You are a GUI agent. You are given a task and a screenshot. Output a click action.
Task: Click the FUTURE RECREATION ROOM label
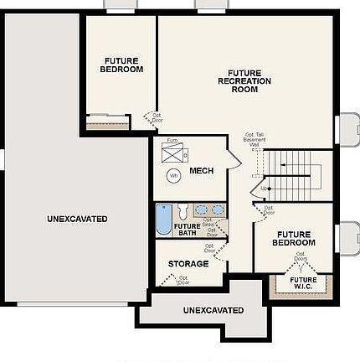click(x=244, y=80)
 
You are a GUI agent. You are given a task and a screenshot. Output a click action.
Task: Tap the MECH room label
click(x=201, y=171)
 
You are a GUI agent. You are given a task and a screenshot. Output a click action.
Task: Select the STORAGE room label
click(x=188, y=264)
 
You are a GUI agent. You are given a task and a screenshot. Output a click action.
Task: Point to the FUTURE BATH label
click(x=187, y=229)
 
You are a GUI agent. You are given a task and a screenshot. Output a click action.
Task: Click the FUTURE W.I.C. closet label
click(x=302, y=283)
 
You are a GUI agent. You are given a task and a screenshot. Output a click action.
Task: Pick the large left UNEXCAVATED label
click(x=77, y=219)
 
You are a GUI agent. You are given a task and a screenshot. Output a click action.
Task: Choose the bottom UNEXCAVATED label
click(x=213, y=310)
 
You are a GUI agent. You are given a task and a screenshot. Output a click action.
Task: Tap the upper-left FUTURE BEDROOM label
click(x=121, y=65)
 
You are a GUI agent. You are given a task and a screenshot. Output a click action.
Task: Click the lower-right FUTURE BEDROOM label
click(x=294, y=239)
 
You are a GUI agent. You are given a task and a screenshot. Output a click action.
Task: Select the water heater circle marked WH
click(x=173, y=176)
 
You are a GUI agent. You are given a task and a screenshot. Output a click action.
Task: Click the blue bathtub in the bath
click(x=164, y=220)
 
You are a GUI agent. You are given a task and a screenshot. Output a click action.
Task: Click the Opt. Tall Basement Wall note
click(x=254, y=139)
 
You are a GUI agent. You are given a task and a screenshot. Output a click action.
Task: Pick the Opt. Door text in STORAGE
click(x=183, y=280)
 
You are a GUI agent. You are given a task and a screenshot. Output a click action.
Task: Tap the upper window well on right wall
click(x=347, y=131)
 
